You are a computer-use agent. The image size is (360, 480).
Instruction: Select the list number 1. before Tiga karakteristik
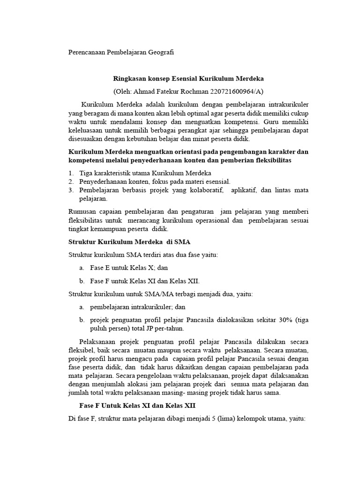pos(71,173)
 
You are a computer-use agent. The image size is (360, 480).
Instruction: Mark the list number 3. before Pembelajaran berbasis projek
pos(71,190)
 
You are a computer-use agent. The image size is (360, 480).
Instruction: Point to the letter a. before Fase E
pos(82,267)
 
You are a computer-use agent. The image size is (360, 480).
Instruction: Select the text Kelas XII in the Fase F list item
pos(185,281)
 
